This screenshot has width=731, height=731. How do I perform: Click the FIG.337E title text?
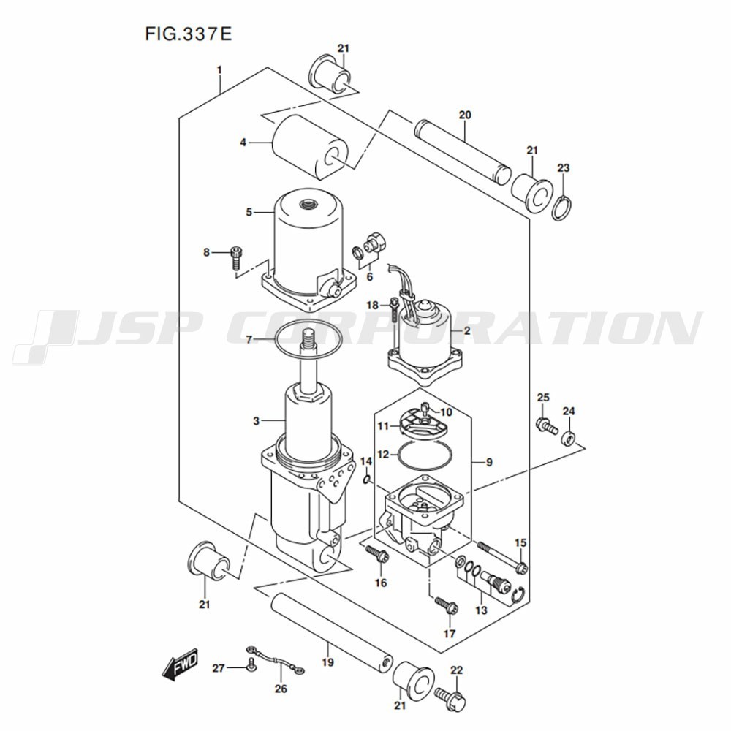tap(189, 34)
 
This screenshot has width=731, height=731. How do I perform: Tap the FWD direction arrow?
tap(180, 662)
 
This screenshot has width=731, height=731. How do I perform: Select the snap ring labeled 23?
tap(562, 206)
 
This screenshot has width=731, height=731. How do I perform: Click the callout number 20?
tap(465, 115)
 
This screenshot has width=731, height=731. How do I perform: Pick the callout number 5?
tap(249, 212)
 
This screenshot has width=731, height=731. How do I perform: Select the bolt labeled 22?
tap(450, 699)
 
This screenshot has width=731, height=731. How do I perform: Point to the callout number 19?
tap(327, 662)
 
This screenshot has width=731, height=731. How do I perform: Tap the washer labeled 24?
tap(568, 438)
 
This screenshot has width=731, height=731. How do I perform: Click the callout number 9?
tap(489, 463)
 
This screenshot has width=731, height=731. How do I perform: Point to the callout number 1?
tap(219, 70)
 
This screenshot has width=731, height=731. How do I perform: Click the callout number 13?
tap(481, 610)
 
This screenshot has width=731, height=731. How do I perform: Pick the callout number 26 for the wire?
tap(281, 688)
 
